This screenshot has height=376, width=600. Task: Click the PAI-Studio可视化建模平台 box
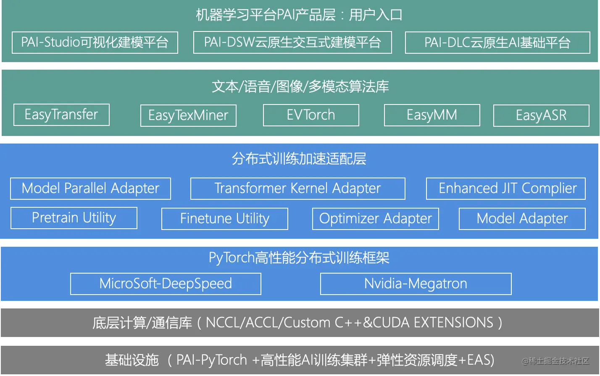95,42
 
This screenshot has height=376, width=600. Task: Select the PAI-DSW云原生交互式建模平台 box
292,42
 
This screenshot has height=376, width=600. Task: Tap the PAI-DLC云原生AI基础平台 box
497,42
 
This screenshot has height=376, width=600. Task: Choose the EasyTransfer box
61,115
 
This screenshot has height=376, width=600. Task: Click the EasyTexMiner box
188,115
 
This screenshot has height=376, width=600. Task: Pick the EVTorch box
311,115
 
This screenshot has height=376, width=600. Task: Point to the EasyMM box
432,115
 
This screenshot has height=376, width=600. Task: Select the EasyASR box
541,115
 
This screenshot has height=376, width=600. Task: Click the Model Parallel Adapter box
90,188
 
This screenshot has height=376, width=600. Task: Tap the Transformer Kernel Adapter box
297,188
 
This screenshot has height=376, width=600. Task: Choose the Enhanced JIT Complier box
506,188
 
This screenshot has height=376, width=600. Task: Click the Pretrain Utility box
74,218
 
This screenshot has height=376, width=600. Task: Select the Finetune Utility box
225,219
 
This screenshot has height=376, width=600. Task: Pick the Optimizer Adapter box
376,219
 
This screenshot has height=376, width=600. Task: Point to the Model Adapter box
522,219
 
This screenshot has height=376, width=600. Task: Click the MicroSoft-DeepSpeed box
166,284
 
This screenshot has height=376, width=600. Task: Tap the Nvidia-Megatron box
416,284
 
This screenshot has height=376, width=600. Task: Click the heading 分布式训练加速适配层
299,159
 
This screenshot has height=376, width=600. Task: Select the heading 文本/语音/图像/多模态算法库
300,87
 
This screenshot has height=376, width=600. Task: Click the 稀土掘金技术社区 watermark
555,361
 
